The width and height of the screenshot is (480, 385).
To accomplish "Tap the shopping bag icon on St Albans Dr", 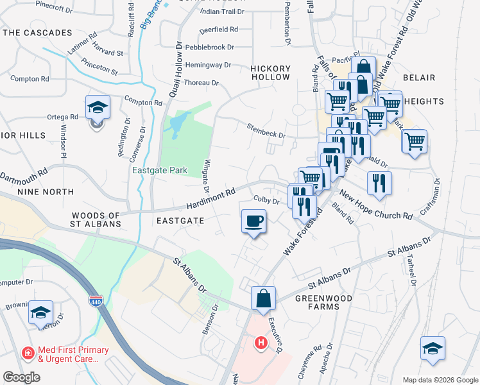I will pos(263,298).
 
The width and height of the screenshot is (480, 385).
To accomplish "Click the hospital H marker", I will pos(261,343).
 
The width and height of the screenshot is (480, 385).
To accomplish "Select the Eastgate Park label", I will pos(160,171).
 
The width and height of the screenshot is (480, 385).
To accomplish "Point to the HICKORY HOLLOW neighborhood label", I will pos(261,73).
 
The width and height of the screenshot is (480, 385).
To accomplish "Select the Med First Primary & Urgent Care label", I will pos(65,354).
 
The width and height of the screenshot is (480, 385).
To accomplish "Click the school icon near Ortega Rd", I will pos(98,107).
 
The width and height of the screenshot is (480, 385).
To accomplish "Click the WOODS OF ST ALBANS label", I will pos(96,219).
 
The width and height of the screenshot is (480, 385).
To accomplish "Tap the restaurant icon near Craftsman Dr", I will pos(379,182).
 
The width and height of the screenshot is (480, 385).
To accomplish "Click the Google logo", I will pos(21,377).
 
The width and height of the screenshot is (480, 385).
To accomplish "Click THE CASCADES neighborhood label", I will pos(38,33).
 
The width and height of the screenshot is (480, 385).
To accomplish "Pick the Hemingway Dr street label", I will pos(207,65).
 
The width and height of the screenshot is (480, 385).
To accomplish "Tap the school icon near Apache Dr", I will pos(433,349).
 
